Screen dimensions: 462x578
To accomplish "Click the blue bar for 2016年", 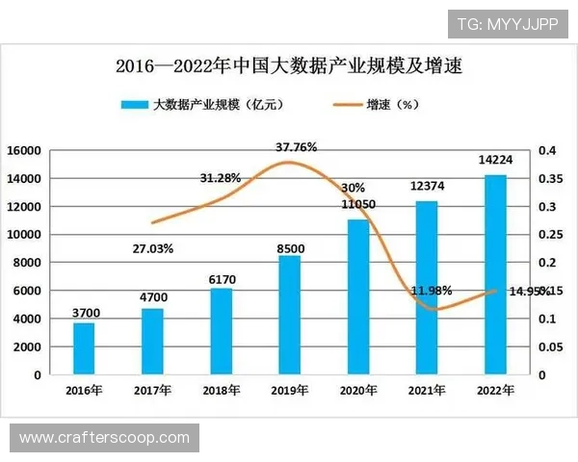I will [x=84, y=348].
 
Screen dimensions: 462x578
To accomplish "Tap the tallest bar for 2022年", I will [x=494, y=274].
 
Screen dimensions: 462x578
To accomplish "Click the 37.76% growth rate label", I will [x=296, y=147].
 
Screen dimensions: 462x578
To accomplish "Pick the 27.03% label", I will [x=152, y=248].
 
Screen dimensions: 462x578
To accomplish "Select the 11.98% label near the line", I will [x=433, y=290].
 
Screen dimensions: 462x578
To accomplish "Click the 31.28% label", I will [x=221, y=178].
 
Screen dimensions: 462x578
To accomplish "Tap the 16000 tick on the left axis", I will [x=23, y=151].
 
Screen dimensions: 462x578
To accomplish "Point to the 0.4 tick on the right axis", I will [x=546, y=151].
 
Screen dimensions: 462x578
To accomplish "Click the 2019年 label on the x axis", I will [x=289, y=390].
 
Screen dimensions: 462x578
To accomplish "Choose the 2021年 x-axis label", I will [x=426, y=390].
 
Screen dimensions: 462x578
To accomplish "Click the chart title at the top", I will [x=289, y=66].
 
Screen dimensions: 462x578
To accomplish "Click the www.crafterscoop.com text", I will [x=104, y=438].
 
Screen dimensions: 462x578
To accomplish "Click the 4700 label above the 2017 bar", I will [x=152, y=296].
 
